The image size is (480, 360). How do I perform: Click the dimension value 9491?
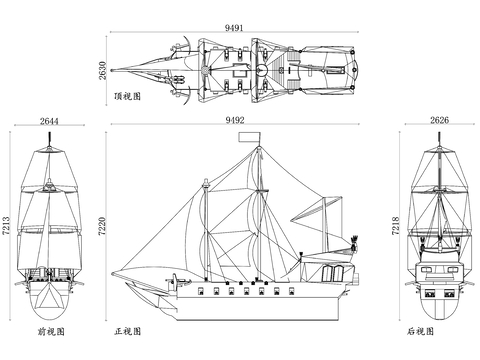click(234, 28)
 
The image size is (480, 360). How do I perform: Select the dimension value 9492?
click(235, 120)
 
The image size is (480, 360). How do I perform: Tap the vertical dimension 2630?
click(102, 70)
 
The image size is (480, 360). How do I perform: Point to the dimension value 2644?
click(49, 121)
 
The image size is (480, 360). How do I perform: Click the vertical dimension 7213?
click(6, 226)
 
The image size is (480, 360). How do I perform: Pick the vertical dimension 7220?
click(102, 226)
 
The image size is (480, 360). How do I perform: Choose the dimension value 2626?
click(439, 120)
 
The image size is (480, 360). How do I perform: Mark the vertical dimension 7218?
click(395, 226)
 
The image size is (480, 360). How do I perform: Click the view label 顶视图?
click(128, 96)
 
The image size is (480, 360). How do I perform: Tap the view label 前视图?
click(51, 331)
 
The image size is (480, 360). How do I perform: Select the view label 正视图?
click(128, 331)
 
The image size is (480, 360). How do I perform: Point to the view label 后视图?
click(421, 331)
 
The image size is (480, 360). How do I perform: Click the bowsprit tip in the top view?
click(112, 70)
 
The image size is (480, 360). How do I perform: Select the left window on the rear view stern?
click(430, 294)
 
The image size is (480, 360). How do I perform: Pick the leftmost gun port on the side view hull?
click(201, 291)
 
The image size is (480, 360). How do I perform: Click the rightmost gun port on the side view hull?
click(292, 291)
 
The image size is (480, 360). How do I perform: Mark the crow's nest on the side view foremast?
click(206, 183)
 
